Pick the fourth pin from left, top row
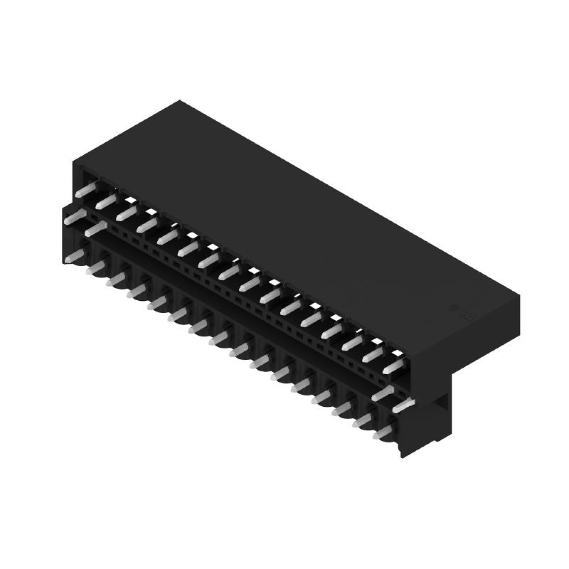pyautogui.click(x=147, y=223)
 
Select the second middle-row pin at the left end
pyautogui.click(x=95, y=229)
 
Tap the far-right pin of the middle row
pyautogui.click(x=403, y=404)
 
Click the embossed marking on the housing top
pyautogui.click(x=453, y=310)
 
